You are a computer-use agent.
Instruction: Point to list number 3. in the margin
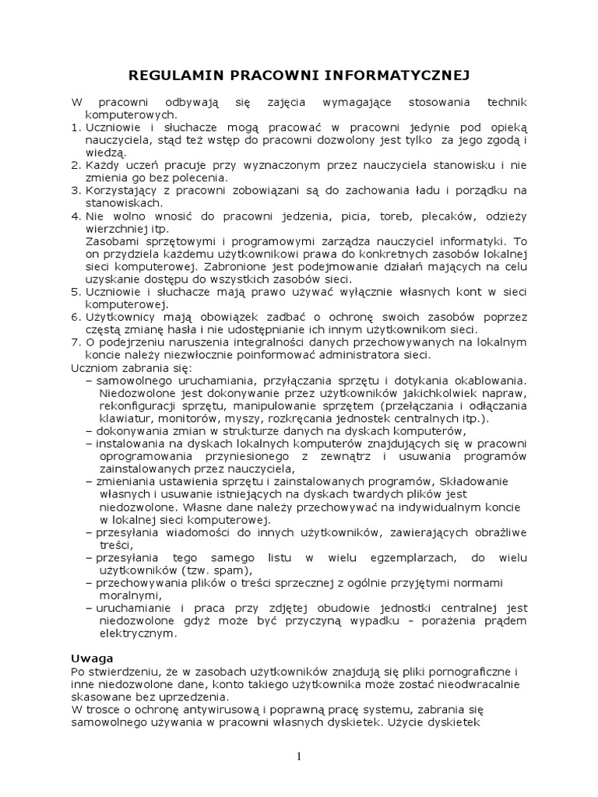[x=76, y=190]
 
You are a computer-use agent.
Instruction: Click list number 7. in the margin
[x=76, y=342]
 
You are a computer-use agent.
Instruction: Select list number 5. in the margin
[x=76, y=292]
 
